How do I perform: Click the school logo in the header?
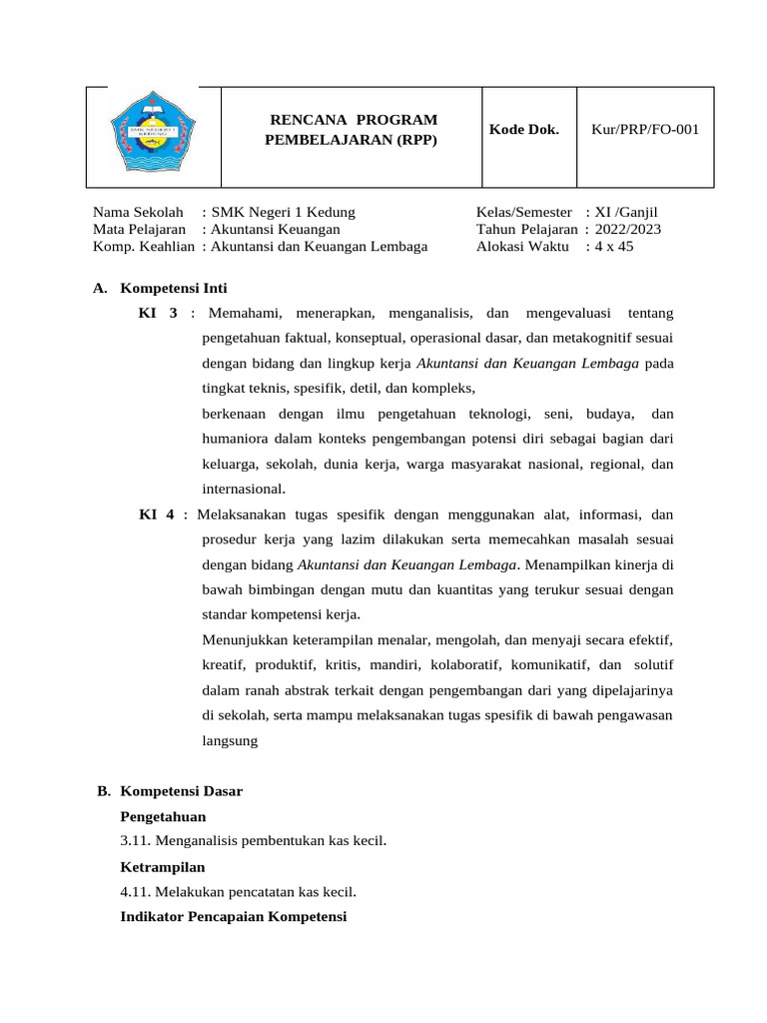tap(152, 136)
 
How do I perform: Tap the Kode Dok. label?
tap(524, 130)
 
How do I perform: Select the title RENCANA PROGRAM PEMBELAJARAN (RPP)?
tap(351, 130)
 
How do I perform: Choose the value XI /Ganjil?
tap(627, 212)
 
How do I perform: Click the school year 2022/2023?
tap(628, 229)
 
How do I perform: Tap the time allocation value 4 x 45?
tap(614, 246)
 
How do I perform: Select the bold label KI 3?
tap(158, 314)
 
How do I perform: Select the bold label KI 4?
tap(157, 514)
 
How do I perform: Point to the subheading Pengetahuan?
tap(163, 816)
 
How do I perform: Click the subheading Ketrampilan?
tap(162, 866)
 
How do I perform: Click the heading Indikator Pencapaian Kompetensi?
tap(233, 916)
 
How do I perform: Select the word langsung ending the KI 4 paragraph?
tap(230, 740)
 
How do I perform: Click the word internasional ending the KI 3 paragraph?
tap(243, 489)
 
